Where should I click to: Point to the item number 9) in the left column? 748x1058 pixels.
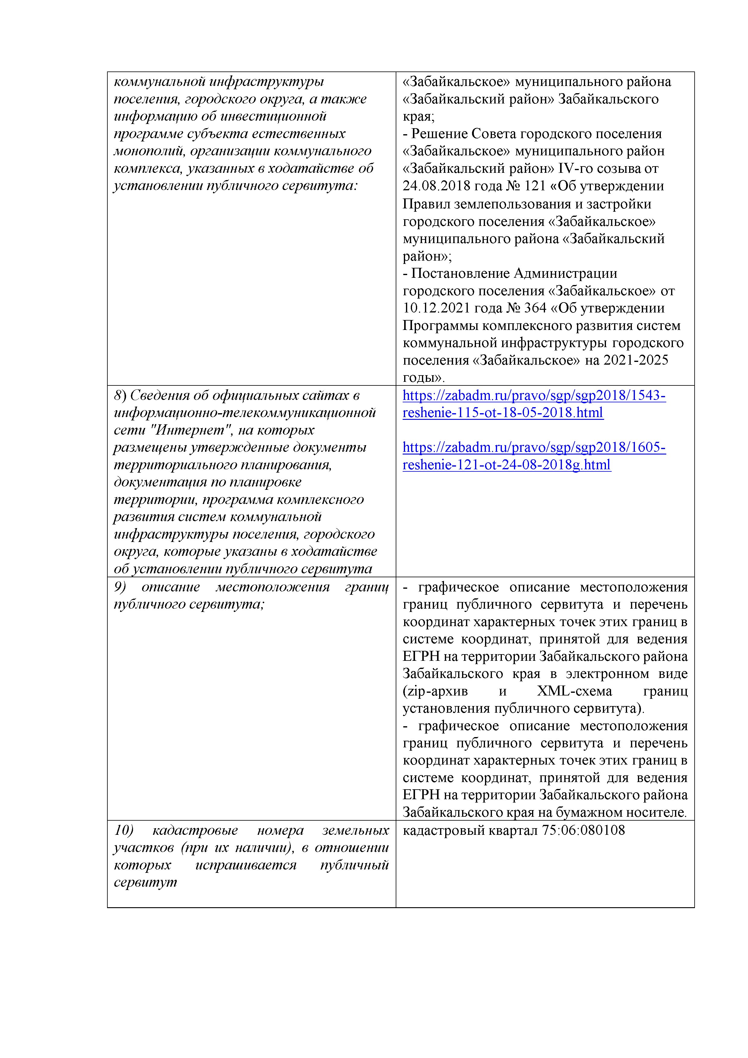pyautogui.click(x=120, y=587)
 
